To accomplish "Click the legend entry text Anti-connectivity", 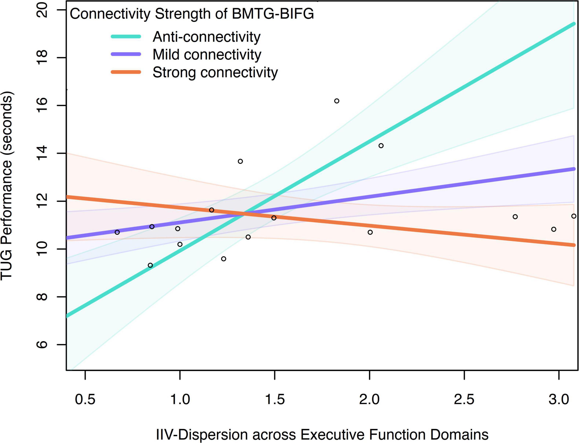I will coord(207,37).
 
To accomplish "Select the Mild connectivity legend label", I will coord(207,55).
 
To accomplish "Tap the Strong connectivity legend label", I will coord(215,72).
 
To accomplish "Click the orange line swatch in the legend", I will coord(126,72).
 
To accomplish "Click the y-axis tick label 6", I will coord(42,344).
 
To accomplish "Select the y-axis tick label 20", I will coord(42,10).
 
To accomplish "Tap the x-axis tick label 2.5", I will coord(464,399).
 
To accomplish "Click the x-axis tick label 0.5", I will coord(85,399).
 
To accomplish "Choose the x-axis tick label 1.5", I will coord(275,399).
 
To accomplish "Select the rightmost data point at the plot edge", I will coord(574,216).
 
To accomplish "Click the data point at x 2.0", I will coord(370,232).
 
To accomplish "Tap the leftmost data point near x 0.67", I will coord(117,232).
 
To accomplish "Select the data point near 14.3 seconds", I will coord(381,146).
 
